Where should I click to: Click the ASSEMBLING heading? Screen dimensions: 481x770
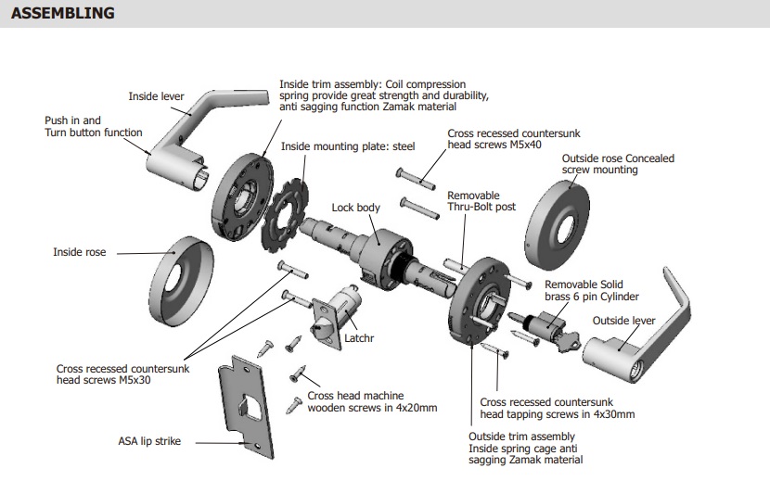point(63,13)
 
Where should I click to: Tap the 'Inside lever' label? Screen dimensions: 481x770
point(156,96)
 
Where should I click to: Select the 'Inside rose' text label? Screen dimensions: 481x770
point(80,252)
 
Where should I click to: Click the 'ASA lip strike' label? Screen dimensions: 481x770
point(149,441)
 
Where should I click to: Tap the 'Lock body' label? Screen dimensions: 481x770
point(356,208)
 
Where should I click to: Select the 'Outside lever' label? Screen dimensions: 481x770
point(624,321)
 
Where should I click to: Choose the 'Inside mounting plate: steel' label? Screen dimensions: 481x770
point(348,146)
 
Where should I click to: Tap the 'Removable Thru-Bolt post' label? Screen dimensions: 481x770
point(481,201)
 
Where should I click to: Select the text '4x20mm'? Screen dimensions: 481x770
point(413,407)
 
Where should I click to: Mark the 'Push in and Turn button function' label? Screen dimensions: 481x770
point(94,126)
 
